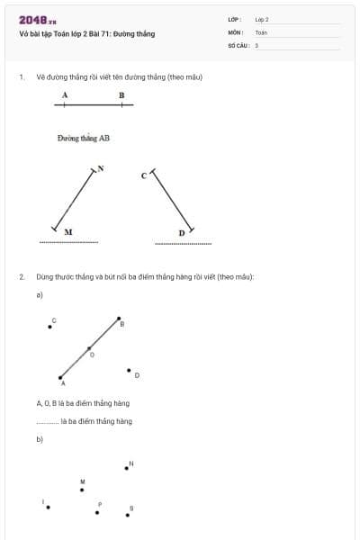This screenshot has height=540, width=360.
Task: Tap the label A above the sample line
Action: (x=65, y=94)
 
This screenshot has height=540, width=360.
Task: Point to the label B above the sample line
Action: (x=121, y=94)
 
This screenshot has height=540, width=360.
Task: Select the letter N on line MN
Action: (x=101, y=168)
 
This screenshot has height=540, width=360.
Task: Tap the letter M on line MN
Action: (x=68, y=231)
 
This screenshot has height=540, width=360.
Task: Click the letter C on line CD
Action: (x=143, y=175)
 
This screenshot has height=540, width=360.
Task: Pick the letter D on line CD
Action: (x=181, y=233)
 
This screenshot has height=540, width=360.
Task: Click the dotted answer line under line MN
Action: (x=68, y=242)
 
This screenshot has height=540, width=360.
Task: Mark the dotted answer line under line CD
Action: (x=184, y=243)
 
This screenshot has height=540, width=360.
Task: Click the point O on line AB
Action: (x=88, y=348)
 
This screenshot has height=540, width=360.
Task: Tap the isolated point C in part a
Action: (x=49, y=328)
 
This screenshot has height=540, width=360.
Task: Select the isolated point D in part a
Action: (x=129, y=369)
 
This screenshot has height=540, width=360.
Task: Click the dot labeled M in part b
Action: (x=83, y=490)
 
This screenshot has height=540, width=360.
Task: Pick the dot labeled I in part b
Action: (x=48, y=507)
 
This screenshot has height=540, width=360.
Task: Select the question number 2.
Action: (x=22, y=276)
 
